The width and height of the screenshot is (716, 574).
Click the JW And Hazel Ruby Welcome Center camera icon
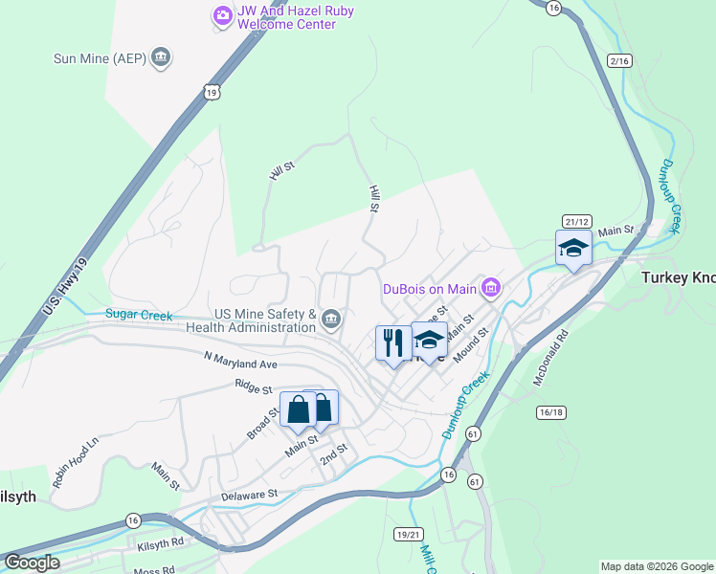pos(222,14)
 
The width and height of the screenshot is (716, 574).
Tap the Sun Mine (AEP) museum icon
pos(161,58)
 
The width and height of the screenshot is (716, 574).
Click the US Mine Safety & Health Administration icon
pos(331,319)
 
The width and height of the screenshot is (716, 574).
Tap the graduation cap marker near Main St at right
pos(573,249)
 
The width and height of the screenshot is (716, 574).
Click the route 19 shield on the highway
pos(212,90)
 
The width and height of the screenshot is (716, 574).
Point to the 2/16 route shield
pos(620,60)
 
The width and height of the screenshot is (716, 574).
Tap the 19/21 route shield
pos(408,533)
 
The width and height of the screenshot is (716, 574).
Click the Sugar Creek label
pos(139,314)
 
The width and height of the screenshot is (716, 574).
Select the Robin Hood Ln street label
pos(76,464)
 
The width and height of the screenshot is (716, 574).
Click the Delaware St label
pos(248,495)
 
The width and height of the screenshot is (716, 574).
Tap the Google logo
pos(31,563)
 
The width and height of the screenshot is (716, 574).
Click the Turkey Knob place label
pos(678,276)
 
